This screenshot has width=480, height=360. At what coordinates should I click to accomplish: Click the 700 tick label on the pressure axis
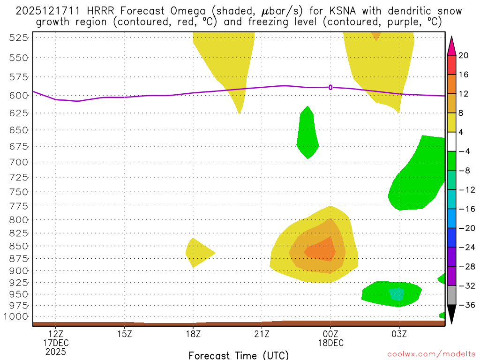click(x=17, y=162)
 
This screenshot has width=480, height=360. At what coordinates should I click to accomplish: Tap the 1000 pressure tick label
click(x=15, y=316)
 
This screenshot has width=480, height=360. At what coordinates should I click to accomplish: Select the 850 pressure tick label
click(x=17, y=246)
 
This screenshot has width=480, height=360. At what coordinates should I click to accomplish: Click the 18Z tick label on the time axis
click(x=193, y=334)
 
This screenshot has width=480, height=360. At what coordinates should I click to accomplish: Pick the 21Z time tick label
click(x=262, y=334)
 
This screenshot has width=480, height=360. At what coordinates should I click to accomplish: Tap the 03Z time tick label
click(x=399, y=334)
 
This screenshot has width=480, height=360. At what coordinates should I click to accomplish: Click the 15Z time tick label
click(x=124, y=334)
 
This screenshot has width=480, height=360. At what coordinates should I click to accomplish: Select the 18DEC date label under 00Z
click(x=330, y=343)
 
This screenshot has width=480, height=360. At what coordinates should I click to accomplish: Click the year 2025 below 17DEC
click(x=56, y=352)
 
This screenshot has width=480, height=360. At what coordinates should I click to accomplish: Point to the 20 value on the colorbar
click(x=464, y=55)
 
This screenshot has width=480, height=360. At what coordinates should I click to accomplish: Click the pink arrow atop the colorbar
click(x=451, y=45)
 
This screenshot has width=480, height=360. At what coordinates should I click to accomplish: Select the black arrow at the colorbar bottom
click(x=451, y=315)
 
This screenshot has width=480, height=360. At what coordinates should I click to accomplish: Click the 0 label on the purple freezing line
click(x=330, y=87)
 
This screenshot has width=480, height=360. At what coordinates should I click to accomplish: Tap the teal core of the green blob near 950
click(x=397, y=294)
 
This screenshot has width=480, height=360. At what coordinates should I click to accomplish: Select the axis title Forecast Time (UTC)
click(x=239, y=355)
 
